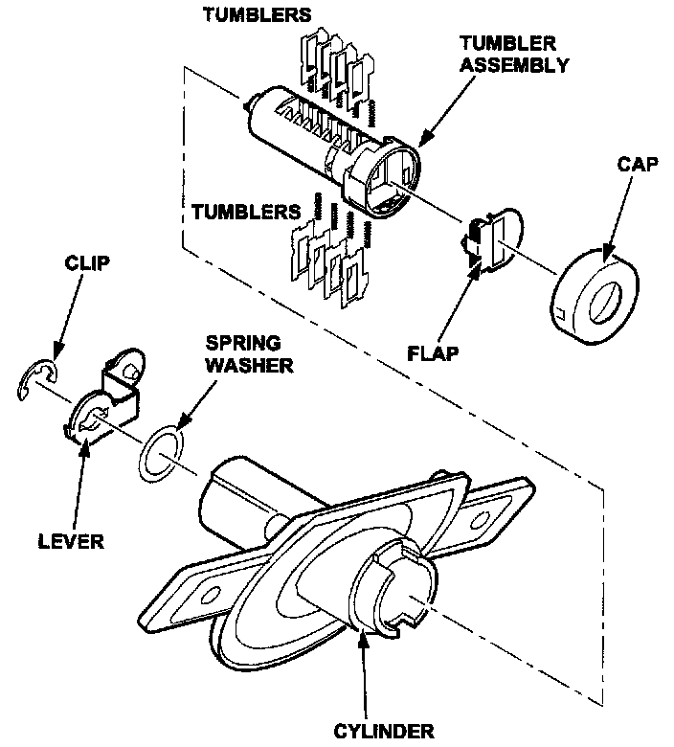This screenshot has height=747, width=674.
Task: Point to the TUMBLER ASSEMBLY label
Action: (513, 55)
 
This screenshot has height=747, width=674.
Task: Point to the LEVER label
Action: (71, 540)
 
